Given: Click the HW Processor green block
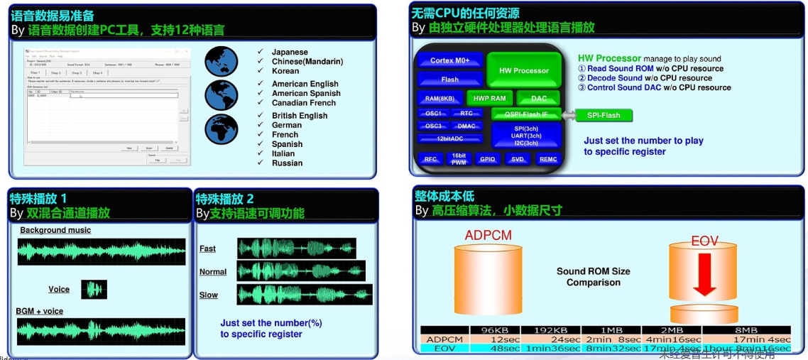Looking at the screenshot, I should pos(523,70).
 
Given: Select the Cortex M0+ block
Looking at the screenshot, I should pos(449,60).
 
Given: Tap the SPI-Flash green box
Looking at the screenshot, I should pos(603,115).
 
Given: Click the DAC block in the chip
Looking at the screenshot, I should pos(539,98).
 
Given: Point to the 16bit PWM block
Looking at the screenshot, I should pos(458,158).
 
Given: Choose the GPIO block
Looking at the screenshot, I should pos(487,159).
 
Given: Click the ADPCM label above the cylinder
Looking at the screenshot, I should pos(488,235).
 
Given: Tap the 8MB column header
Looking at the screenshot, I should pos(746,330).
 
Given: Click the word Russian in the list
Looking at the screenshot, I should pos(287,163).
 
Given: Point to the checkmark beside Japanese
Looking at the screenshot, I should pos(261,52).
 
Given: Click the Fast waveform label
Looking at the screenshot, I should pos(207,249).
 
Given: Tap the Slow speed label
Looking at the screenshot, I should pos(208,295).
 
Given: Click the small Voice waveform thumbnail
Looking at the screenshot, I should pos(94,289).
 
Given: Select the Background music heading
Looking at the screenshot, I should pos(55,230).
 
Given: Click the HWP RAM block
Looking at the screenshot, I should pos(489,98).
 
